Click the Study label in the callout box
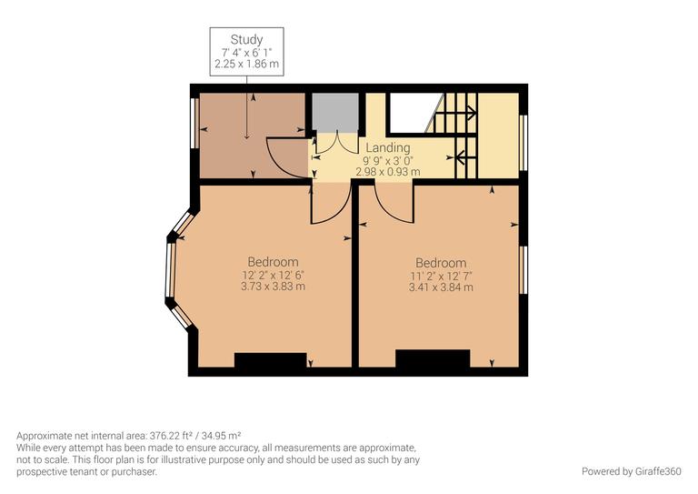tap(246, 39)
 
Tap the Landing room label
tap(387, 147)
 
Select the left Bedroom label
tap(273, 262)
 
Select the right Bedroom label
tap(441, 263)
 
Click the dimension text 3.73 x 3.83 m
tap(273, 287)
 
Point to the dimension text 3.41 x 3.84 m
tap(441, 287)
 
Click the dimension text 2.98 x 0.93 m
tap(387, 171)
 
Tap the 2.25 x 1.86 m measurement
tap(246, 65)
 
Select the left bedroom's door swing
tap(331, 206)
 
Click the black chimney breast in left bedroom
tap(271, 360)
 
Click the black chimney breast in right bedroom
tap(432, 359)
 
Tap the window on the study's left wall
tap(194, 122)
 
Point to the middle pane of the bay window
tap(169, 270)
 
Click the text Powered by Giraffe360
tap(631, 471)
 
